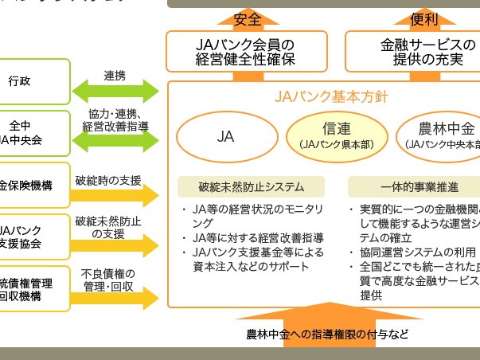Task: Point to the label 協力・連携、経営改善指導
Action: click(x=115, y=121)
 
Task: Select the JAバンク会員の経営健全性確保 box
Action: click(x=246, y=52)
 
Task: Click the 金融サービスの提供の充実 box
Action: click(x=414, y=52)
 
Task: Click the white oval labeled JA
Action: click(x=226, y=136)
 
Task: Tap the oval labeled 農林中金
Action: click(x=442, y=136)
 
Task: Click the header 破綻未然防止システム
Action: click(x=251, y=187)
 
